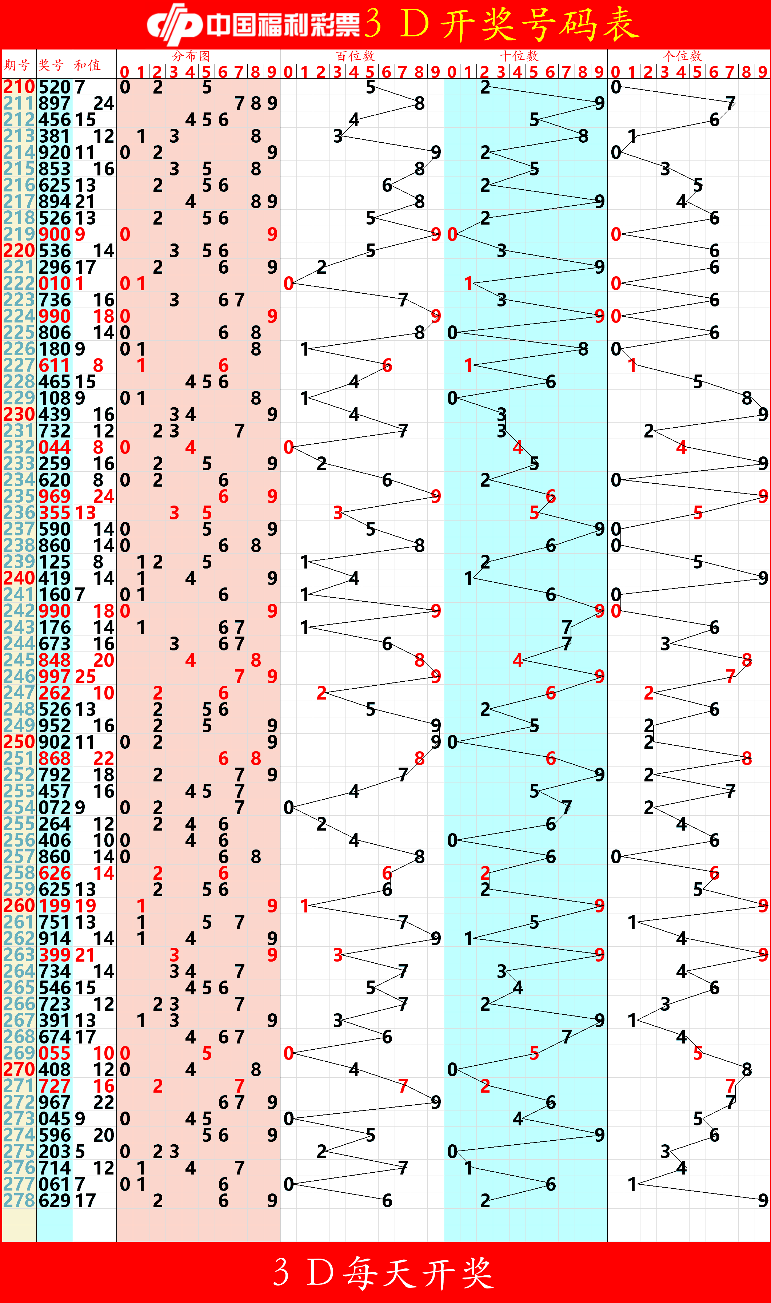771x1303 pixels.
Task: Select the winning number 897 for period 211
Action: click(55, 103)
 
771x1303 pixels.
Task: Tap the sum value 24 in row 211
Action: click(103, 103)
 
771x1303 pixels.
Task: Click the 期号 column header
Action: click(17, 65)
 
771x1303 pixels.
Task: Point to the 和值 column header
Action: click(87, 65)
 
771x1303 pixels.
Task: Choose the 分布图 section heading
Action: click(191, 56)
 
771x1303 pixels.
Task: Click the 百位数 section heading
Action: click(355, 56)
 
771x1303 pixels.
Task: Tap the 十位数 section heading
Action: click(519, 56)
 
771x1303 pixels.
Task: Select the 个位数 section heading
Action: click(682, 56)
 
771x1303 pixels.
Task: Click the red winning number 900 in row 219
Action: click(55, 234)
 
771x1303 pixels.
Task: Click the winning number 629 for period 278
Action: click(55, 1201)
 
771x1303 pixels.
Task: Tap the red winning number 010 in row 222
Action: click(55, 284)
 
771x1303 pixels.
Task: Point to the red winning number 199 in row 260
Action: click(55, 906)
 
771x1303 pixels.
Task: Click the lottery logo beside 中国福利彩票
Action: click(174, 23)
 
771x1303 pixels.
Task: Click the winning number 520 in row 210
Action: click(55, 87)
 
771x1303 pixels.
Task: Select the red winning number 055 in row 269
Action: click(55, 1053)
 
